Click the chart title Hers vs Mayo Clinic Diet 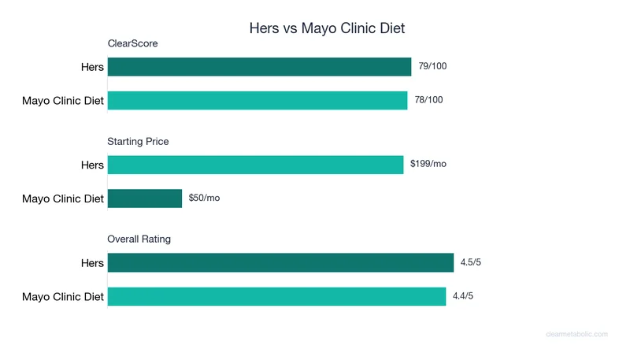(326, 28)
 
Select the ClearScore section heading (132, 43)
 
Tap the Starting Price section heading (138, 142)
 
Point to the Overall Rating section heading (139, 239)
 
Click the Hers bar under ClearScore (259, 67)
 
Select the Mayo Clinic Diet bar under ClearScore (258, 100)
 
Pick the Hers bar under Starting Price (255, 165)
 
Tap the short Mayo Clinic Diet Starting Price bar (145, 198)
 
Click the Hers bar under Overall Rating (280, 262)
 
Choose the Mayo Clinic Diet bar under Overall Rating (276, 296)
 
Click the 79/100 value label (432, 66)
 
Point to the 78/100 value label (428, 100)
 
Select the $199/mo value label (428, 164)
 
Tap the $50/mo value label (204, 198)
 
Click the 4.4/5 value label (463, 296)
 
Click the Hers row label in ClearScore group (92, 67)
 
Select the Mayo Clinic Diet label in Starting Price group (63, 199)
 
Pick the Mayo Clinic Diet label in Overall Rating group (63, 297)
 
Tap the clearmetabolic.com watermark (576, 334)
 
